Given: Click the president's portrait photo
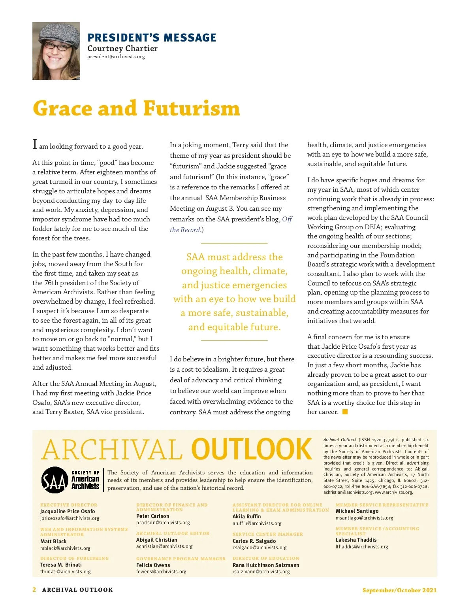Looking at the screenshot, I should [56, 51].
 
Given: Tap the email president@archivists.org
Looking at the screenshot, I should [116, 57].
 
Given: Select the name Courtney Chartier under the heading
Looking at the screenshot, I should [122, 48].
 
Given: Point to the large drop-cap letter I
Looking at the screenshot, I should [35, 145].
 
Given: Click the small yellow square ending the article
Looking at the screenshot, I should [345, 412].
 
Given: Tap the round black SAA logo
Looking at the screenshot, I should [55, 480].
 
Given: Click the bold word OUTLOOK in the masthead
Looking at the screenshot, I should [252, 450].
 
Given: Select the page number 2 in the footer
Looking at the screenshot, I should [34, 589].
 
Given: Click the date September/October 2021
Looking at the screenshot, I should [399, 590].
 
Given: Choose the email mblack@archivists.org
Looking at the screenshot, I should [65, 548].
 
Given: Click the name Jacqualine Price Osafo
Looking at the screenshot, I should [68, 511].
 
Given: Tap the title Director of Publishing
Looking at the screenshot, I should [74, 558].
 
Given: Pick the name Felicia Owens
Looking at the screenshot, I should [153, 565].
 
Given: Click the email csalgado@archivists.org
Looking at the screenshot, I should [260, 548].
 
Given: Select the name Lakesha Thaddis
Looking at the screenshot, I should [356, 540].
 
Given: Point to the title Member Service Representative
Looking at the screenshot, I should [382, 505].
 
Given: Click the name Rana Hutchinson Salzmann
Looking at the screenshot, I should [266, 565].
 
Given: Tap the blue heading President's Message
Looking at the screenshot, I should [152, 38].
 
